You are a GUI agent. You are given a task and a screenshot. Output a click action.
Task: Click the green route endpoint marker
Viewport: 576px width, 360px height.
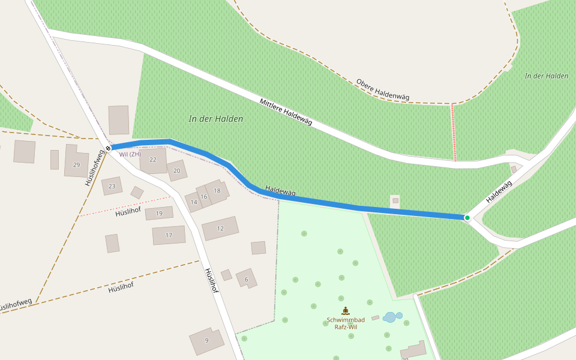click(467, 217)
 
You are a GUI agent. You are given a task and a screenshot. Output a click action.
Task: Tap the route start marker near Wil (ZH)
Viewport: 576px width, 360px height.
click(109, 148)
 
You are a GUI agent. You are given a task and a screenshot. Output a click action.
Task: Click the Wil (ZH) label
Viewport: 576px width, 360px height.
click(130, 154)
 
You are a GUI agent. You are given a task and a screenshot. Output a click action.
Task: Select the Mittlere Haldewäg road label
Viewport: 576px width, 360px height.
click(286, 112)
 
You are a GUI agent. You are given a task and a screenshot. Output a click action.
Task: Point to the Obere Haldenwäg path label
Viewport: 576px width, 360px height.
click(382, 89)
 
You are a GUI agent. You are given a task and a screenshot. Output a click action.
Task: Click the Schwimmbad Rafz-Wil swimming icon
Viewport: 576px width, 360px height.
click(346, 311)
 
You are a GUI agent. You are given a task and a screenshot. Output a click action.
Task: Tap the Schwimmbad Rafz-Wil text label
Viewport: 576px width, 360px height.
click(346, 323)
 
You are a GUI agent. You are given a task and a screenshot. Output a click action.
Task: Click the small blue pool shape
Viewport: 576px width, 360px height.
click(392, 317)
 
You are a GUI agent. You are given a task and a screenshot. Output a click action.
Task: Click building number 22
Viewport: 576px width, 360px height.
click(153, 160)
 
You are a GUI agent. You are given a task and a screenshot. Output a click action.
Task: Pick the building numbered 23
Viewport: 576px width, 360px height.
click(112, 186)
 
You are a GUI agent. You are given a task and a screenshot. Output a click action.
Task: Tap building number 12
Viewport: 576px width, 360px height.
click(220, 228)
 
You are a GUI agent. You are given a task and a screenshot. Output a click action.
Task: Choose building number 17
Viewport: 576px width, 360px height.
click(169, 235)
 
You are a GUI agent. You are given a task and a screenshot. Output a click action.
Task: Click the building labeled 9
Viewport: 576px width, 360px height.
click(206, 340)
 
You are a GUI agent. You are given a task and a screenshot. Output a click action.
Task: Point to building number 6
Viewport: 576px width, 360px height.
click(246, 279)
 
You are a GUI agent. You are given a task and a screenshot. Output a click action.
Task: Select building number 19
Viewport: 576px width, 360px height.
click(159, 213)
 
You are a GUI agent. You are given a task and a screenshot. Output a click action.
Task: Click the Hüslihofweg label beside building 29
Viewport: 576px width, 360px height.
click(95, 168)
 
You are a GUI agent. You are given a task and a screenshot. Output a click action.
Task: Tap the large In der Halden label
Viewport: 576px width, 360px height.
click(216, 119)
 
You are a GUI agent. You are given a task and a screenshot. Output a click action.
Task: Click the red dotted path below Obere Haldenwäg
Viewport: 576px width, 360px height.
click(454, 132)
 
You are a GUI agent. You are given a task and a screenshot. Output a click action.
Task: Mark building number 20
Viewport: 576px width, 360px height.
click(176, 170)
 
